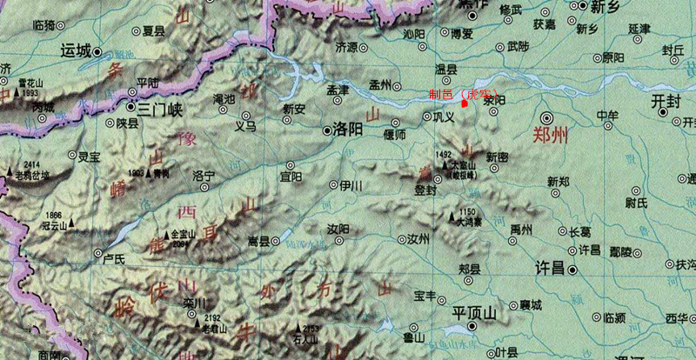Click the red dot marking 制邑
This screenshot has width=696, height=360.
pyautogui.click(x=465, y=103)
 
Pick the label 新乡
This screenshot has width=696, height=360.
pyautogui.click(x=608, y=8)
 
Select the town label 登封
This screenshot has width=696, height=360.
pyautogui.click(x=425, y=190)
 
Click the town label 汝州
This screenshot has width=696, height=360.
pyautogui.click(x=419, y=238)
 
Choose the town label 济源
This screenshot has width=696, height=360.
pyautogui.click(x=346, y=47)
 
